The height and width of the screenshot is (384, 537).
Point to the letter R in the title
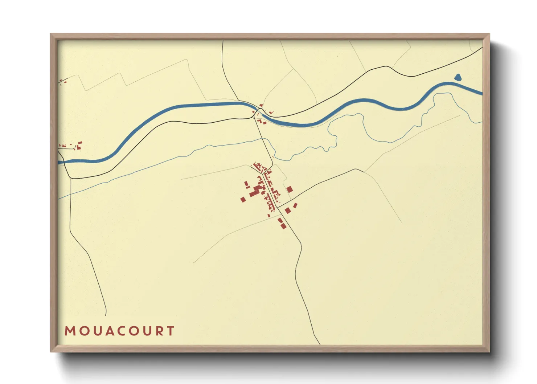click(x=159, y=331)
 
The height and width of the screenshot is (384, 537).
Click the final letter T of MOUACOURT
click(x=171, y=331)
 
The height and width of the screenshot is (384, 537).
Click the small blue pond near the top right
click(x=458, y=77)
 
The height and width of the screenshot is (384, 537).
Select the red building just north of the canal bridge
click(x=261, y=105)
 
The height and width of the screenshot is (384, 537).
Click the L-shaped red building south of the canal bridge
click(x=263, y=123)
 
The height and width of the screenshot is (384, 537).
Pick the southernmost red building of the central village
click(x=283, y=226)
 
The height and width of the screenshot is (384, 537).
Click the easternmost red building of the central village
click(x=295, y=205)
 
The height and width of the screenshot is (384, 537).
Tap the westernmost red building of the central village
click(x=243, y=199)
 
